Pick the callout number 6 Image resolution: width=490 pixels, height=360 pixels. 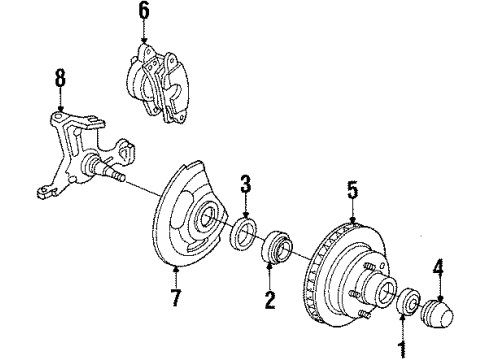point(142,11)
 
